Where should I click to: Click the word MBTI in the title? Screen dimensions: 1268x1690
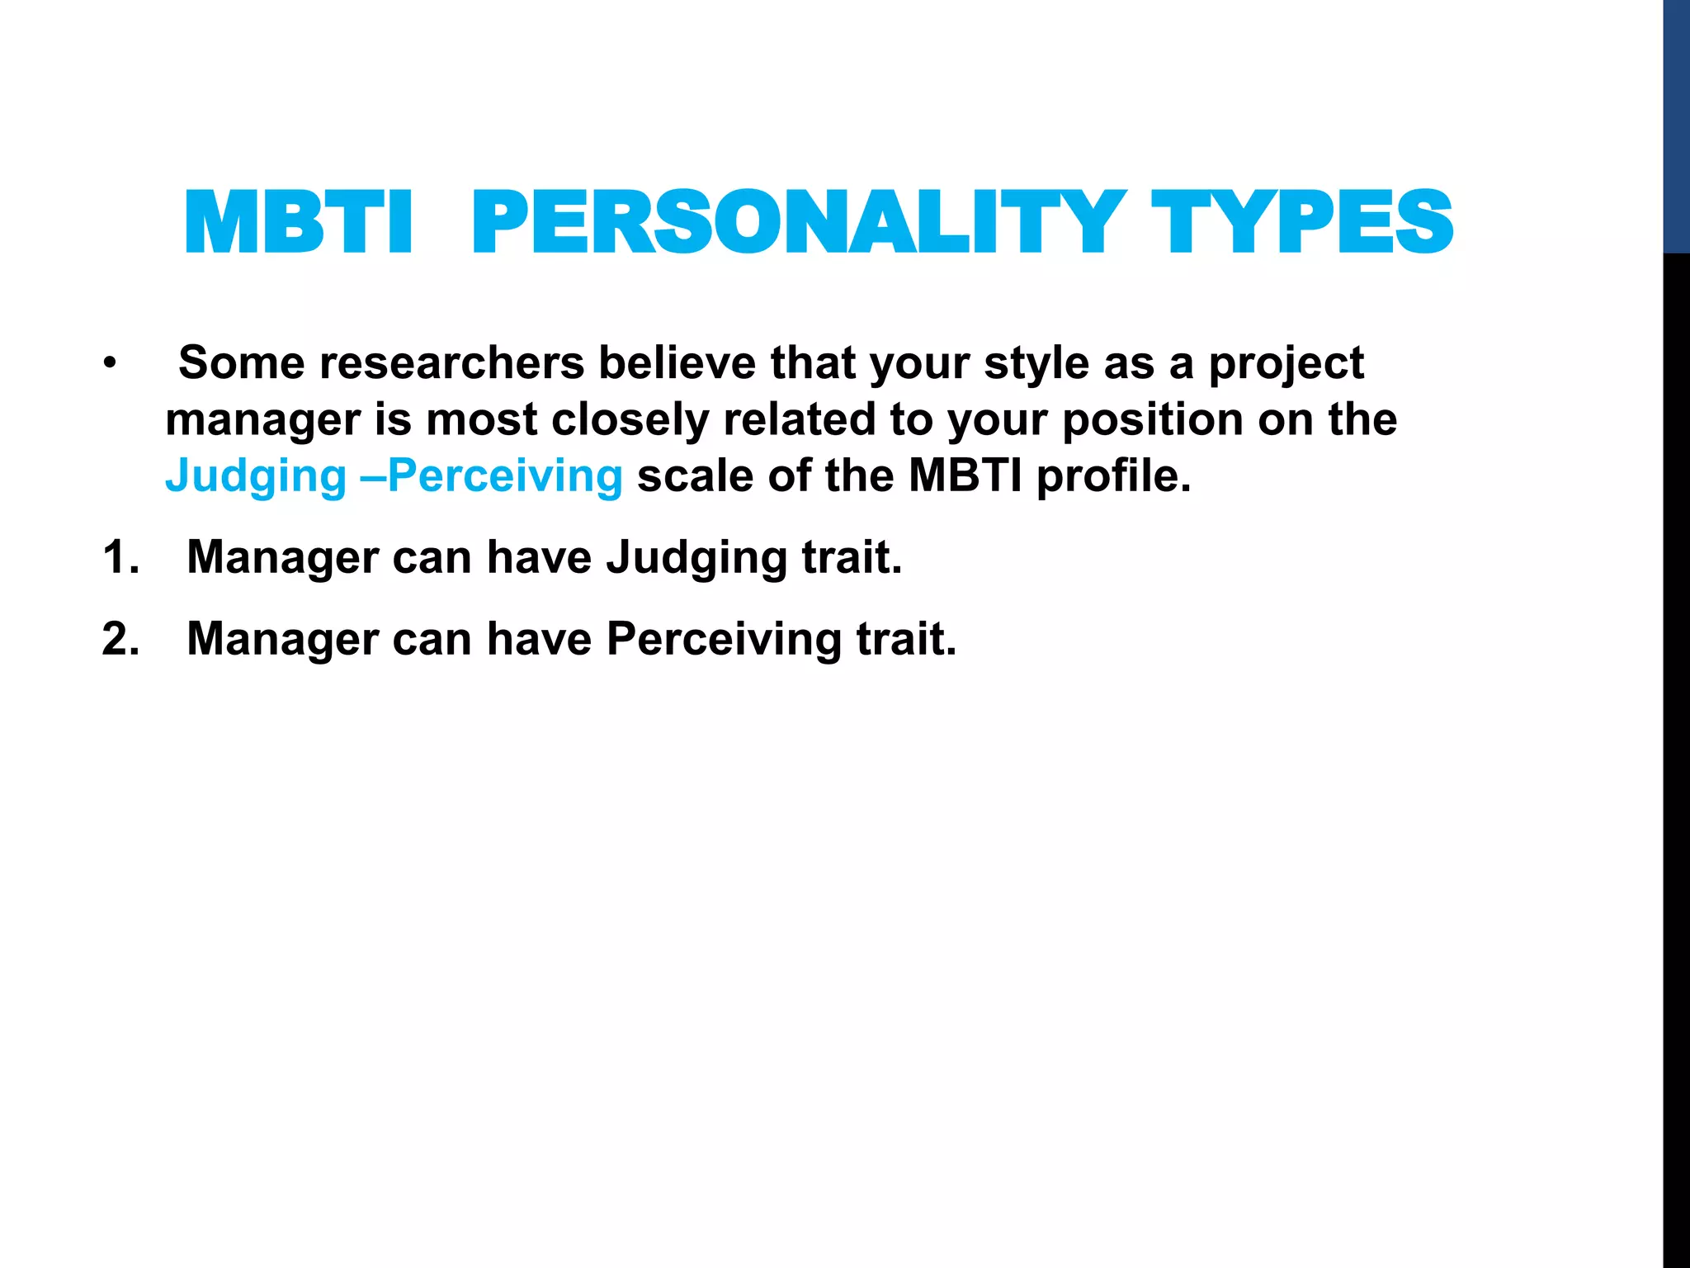[x=298, y=223]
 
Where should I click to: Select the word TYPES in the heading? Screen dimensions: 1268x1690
[x=1301, y=223]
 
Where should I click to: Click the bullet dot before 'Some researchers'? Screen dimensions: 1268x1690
[x=110, y=363]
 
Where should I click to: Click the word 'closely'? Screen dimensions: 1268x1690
[x=630, y=419]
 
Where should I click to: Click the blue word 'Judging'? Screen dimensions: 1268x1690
[x=256, y=477]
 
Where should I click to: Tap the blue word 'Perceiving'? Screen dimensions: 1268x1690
[x=505, y=477]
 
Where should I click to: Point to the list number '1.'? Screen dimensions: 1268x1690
[x=120, y=557]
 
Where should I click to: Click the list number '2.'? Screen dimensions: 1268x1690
[x=120, y=639]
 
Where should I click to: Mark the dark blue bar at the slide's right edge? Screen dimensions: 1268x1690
[x=1676, y=125]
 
